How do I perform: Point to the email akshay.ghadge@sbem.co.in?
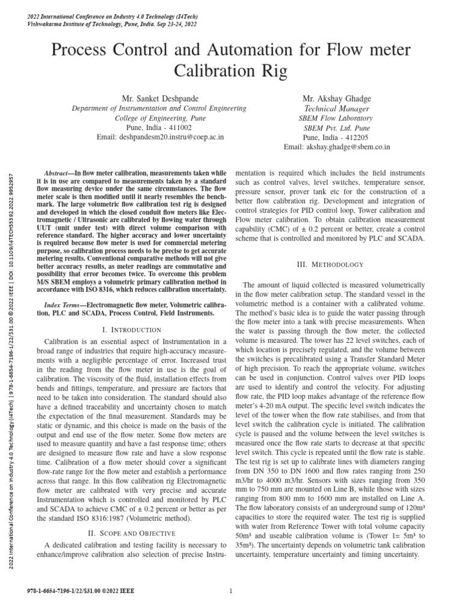click(337, 147)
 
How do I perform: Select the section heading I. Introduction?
click(132, 330)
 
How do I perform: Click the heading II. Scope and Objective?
click(132, 533)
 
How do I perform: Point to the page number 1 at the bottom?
click(231, 590)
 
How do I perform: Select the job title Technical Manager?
click(336, 108)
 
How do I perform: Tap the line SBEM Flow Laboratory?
click(336, 118)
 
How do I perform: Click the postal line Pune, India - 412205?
click(336, 137)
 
